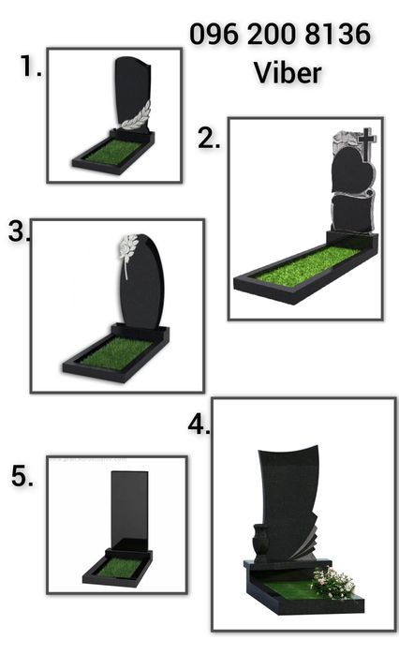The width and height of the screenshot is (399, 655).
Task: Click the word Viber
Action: [288, 73]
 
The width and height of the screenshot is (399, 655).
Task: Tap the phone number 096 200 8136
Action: [280, 34]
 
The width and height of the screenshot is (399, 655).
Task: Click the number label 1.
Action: [31, 66]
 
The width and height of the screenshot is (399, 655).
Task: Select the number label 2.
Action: [209, 139]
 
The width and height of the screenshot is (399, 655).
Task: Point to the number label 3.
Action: [19, 231]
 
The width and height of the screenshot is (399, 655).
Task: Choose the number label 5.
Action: [22, 476]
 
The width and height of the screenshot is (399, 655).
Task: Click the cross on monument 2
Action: [366, 144]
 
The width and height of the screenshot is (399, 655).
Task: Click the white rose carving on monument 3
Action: [128, 250]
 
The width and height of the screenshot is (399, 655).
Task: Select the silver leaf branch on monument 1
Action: [136, 115]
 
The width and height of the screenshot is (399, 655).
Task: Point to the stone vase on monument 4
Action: [261, 541]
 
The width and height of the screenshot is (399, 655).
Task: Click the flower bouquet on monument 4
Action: [333, 582]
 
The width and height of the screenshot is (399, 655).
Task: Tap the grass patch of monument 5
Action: [119, 566]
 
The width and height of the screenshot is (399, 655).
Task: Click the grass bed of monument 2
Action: [307, 265]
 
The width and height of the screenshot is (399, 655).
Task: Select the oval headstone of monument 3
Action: [142, 281]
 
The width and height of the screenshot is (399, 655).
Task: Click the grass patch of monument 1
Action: [113, 152]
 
